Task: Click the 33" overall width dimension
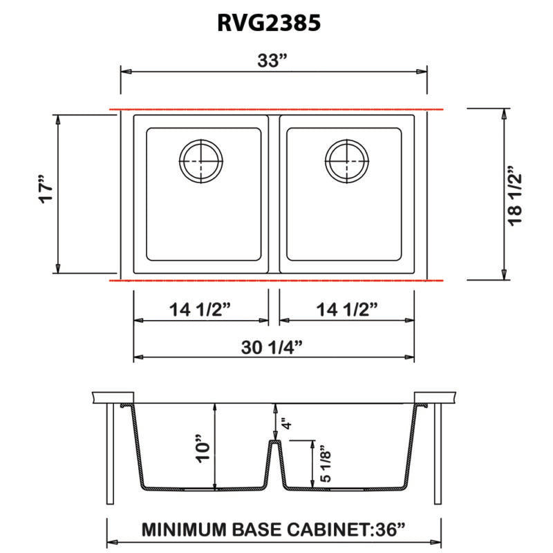274,60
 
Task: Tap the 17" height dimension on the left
44,194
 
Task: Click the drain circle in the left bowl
200,161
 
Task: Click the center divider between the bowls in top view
274,194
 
